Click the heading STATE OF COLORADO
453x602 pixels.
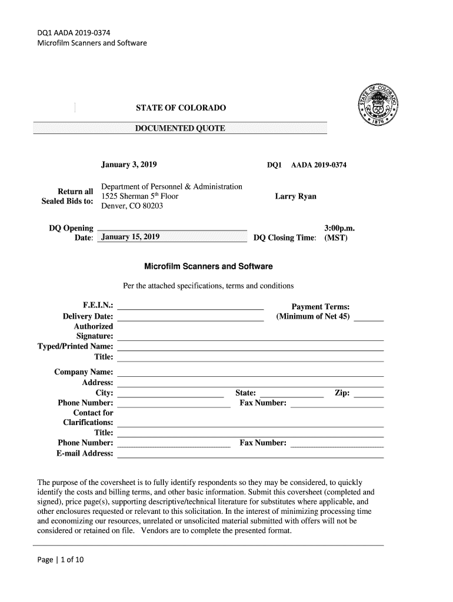(x=180, y=109)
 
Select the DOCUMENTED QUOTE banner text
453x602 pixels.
(x=180, y=128)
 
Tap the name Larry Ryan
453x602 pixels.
(x=295, y=196)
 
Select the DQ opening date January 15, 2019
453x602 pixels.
(x=131, y=238)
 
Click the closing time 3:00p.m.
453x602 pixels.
(x=339, y=228)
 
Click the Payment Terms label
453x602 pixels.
(x=321, y=307)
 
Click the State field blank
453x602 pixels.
(x=291, y=396)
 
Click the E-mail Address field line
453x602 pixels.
(x=251, y=456)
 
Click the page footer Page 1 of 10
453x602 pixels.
(x=61, y=559)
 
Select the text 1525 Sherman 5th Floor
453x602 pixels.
(x=140, y=196)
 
